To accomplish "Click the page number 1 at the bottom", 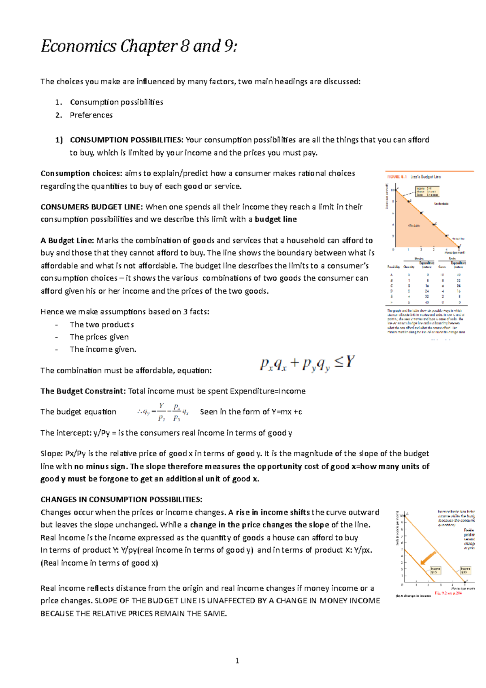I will [x=237, y=661].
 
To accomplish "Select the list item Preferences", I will [x=91, y=115].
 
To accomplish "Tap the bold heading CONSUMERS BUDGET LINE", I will [x=91, y=207].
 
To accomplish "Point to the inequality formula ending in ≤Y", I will [x=307, y=363].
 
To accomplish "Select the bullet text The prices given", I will [x=99, y=337].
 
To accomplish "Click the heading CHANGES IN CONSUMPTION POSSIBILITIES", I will [x=121, y=499].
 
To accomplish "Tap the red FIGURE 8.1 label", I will [x=397, y=177].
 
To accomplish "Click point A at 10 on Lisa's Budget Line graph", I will [x=396, y=189].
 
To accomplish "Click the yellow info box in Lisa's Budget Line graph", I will [x=427, y=191].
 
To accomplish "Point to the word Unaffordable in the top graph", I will [x=441, y=203].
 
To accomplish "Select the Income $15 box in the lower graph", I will [x=435, y=570].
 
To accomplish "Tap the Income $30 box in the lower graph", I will [x=465, y=570].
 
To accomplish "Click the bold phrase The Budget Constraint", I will [x=83, y=391].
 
